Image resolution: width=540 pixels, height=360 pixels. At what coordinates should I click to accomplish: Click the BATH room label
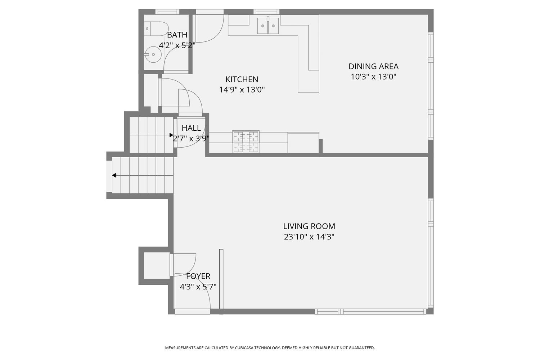click(x=177, y=35)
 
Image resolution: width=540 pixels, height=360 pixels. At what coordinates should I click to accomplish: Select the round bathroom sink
click(x=153, y=55)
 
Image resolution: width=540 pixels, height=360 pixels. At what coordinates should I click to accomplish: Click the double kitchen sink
click(x=268, y=26)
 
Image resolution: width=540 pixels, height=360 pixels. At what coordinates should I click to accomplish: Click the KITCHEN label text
click(x=242, y=79)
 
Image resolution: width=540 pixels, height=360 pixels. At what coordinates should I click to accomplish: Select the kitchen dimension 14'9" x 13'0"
click(x=242, y=90)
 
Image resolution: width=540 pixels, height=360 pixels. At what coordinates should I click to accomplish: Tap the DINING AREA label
click(x=373, y=66)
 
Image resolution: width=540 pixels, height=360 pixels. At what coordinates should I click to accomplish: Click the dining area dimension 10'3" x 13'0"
click(x=373, y=77)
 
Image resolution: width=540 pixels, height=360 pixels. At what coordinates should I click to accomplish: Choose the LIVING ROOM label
click(x=309, y=226)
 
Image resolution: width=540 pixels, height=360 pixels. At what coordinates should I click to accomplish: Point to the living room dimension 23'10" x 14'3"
click(x=309, y=237)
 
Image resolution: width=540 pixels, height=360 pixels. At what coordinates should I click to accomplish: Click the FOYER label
click(x=198, y=276)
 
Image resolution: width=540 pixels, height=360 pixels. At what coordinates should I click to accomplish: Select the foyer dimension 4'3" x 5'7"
click(x=198, y=287)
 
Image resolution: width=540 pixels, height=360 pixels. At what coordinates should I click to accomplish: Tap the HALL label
click(x=191, y=128)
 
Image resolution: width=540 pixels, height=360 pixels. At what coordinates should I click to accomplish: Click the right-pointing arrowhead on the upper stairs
click(x=171, y=135)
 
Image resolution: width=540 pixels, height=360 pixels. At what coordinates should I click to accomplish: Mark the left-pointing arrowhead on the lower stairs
click(x=114, y=175)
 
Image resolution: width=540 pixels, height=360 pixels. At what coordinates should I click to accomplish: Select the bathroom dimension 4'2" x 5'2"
click(x=177, y=45)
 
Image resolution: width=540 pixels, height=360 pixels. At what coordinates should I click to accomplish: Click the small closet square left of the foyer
click(x=157, y=266)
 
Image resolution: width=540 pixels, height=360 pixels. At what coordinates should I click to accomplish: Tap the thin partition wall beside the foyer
click(x=221, y=279)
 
